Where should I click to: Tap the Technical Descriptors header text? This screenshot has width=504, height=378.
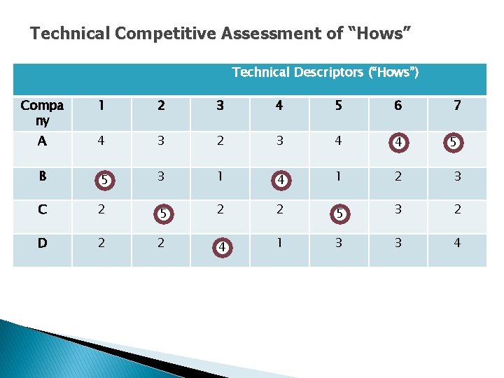325,72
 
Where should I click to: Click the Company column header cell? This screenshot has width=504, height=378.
42,113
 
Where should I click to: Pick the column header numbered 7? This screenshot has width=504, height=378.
457,106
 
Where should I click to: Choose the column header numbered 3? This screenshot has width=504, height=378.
220,106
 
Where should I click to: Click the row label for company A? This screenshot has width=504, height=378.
42,141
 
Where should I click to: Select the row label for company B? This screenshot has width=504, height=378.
42,176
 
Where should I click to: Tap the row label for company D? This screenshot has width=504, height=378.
42,244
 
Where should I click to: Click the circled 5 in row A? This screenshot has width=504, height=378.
454,143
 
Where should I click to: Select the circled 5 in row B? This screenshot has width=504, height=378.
104,179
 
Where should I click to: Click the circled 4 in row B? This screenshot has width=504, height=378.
281,179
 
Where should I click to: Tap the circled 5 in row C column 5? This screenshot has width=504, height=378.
340,213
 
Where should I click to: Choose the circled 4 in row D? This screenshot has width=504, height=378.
221,247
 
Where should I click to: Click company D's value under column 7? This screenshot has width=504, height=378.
457,244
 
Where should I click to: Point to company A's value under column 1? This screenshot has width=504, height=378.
101,141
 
